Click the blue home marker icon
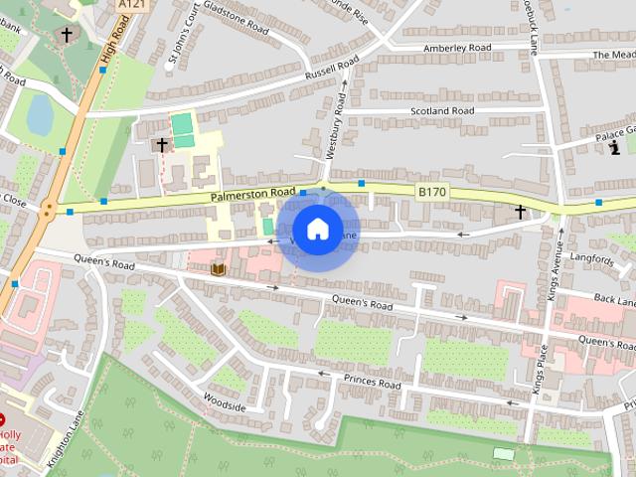tap(317, 230)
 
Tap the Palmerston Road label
tap(252, 195)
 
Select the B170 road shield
tap(431, 191)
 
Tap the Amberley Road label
tap(457, 48)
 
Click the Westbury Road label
tap(336, 125)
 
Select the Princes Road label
tap(372, 383)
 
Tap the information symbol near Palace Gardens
tap(614, 148)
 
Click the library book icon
tap(218, 268)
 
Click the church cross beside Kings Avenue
tap(520, 212)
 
